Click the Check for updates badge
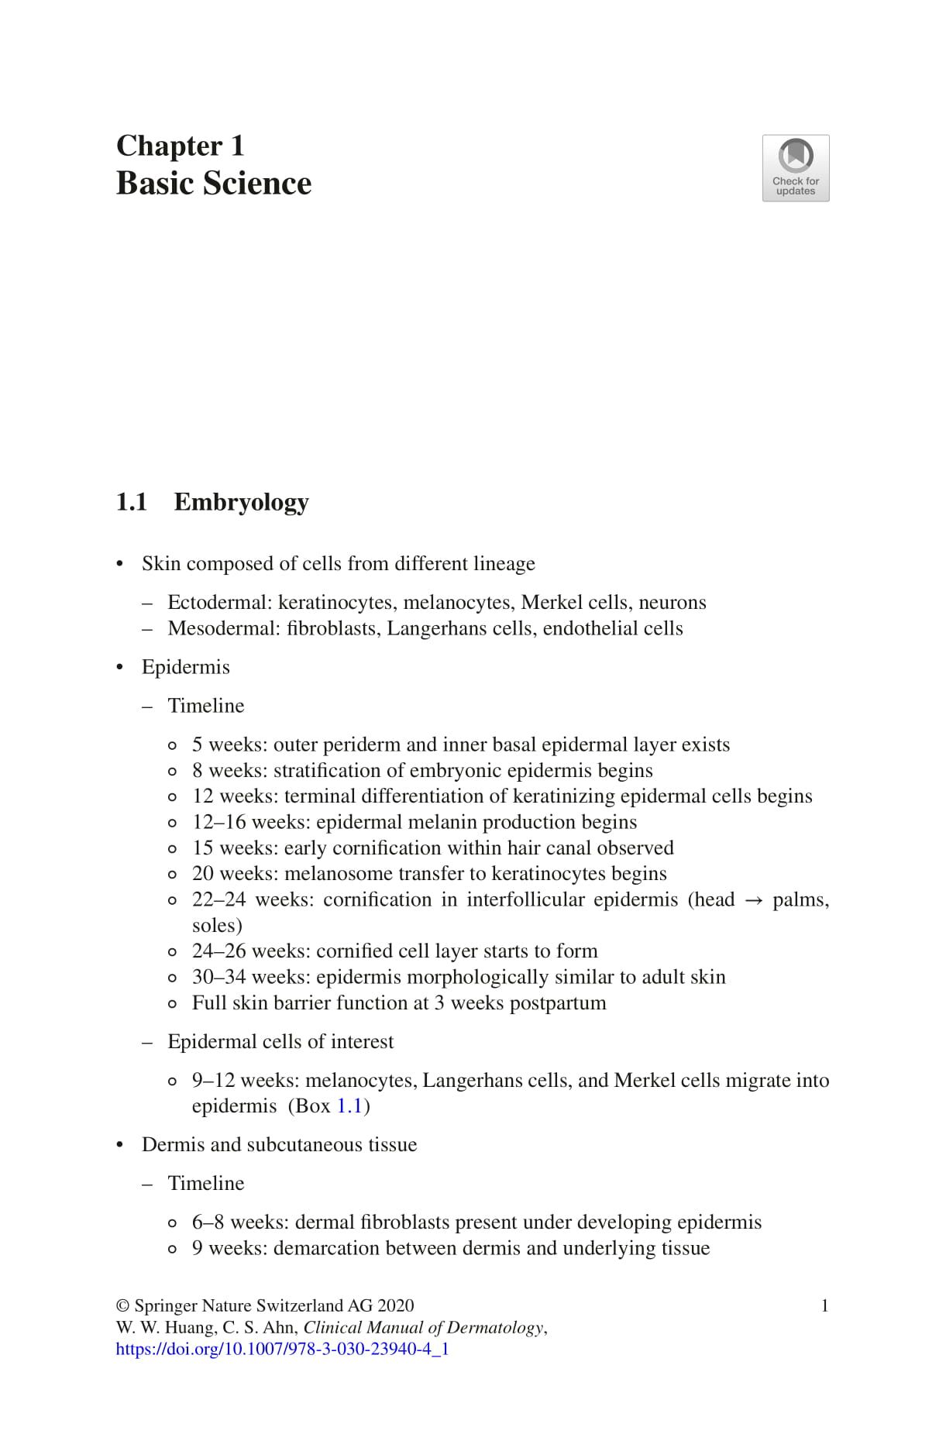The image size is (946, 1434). click(795, 168)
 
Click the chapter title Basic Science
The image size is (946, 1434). click(214, 184)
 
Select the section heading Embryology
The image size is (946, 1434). click(241, 502)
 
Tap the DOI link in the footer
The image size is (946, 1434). click(282, 1349)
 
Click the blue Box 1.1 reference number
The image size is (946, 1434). click(349, 1106)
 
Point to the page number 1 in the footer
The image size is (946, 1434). click(824, 1305)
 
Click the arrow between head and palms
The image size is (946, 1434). click(753, 900)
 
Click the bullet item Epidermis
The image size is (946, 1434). click(185, 667)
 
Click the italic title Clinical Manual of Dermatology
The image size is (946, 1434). click(424, 1327)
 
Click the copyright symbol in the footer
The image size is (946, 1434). click(122, 1305)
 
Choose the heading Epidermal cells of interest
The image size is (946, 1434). click(280, 1042)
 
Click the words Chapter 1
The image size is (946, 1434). click(181, 146)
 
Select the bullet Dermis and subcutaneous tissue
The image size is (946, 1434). click(279, 1145)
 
